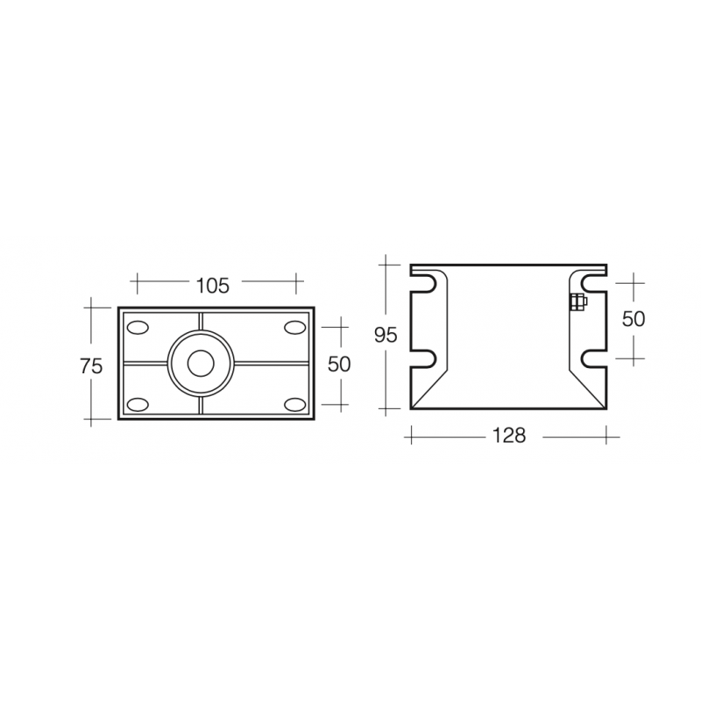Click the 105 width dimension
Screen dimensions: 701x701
213,285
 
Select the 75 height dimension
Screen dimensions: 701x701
91,365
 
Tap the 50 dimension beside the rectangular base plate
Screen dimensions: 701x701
338,365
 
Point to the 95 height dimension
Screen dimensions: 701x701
386,336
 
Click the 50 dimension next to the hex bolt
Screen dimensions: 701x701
633,319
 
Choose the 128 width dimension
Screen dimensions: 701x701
508,435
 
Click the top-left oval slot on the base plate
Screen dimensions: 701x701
138,327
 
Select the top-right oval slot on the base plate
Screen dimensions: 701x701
293,327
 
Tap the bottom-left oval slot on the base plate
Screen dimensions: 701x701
138,404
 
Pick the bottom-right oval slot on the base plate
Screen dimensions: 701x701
293,404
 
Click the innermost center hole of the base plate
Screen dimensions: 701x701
200,363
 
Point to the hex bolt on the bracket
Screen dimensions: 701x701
577,303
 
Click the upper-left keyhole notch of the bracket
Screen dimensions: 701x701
423,284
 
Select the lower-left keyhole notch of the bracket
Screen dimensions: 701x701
423,358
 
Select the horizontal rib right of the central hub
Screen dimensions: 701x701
272,363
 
